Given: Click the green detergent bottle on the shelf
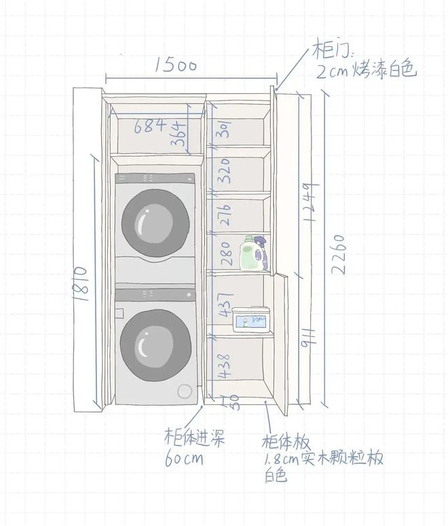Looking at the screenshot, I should pos(249,253).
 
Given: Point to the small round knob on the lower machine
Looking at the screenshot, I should pos(185,391).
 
